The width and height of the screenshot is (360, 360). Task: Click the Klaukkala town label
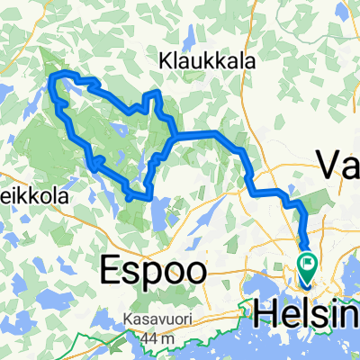coord(207,62)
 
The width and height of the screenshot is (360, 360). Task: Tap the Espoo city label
coord(152,267)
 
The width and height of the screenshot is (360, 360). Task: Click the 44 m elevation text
coord(153,336)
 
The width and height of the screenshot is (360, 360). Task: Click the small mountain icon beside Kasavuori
coord(118,320)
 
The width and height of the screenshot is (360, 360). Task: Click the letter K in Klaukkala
coord(165,62)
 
